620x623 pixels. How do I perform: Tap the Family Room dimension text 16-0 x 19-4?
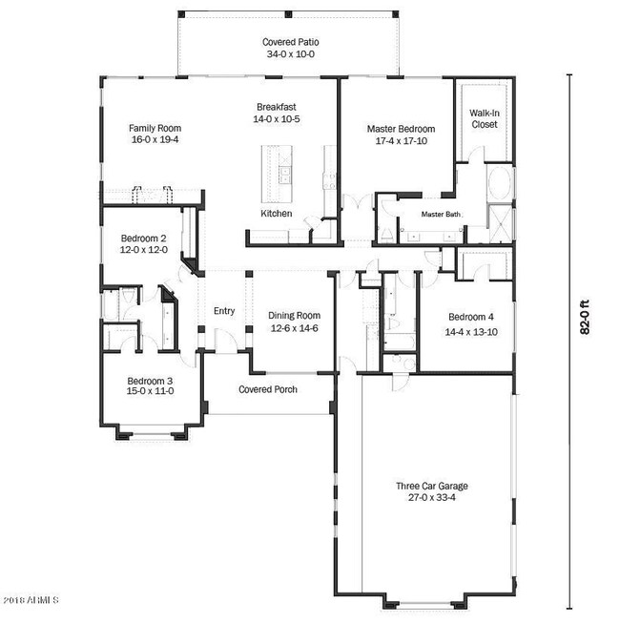155,140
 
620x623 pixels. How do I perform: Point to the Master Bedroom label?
401,129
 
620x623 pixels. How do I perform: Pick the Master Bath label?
441,215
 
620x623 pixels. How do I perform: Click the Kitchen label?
277,214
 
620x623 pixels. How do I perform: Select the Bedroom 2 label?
144,238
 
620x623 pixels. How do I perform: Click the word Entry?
224,311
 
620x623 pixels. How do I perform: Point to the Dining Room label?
294,316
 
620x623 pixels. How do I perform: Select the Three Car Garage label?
432,486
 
